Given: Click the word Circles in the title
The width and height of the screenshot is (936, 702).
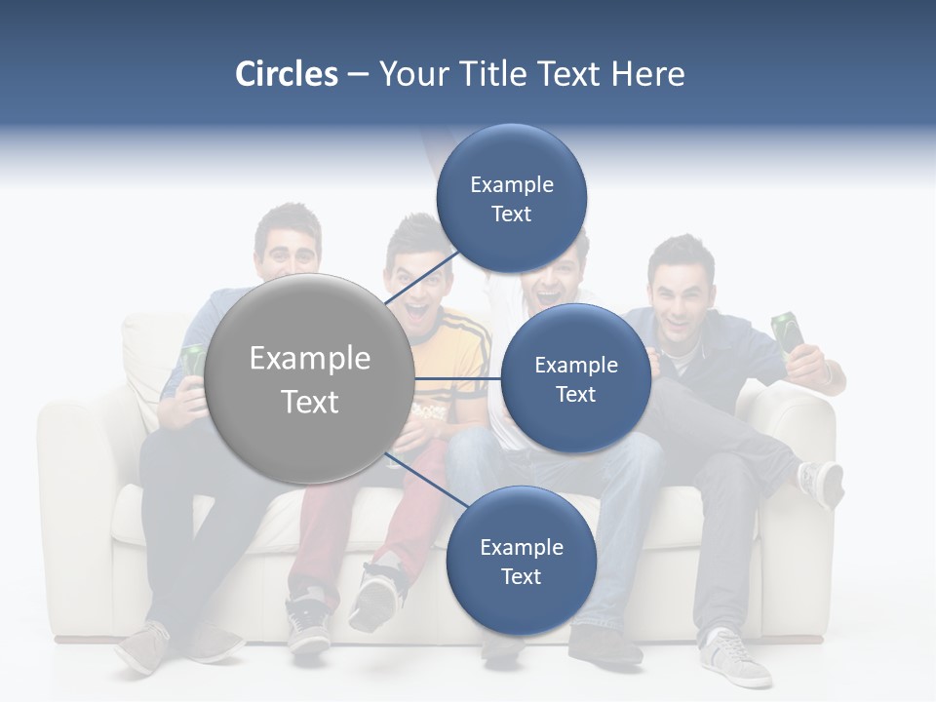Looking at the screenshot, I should click(286, 73).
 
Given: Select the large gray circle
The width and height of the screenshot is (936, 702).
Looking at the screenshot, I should click(311, 379).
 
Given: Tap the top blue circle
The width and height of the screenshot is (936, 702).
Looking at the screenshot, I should click(511, 198).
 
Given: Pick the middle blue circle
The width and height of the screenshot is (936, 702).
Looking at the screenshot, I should click(575, 378).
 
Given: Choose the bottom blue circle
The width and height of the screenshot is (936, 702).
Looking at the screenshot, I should click(521, 561).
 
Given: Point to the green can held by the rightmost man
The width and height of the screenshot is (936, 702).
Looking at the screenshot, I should click(788, 331).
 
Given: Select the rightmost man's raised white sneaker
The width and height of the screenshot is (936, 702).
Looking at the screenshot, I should click(820, 482).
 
